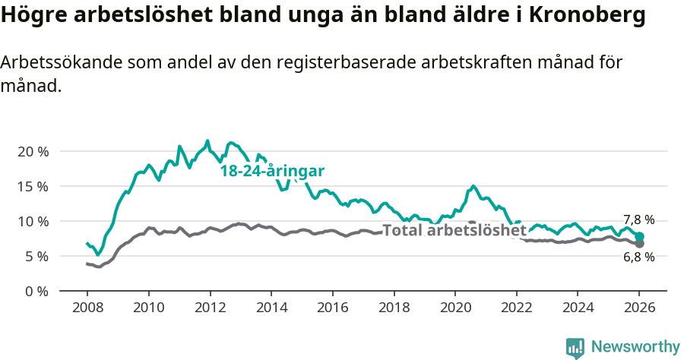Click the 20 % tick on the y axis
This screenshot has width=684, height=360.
click(33, 151)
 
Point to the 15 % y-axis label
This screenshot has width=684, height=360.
click(33, 186)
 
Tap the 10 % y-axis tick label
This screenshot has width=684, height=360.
click(33, 221)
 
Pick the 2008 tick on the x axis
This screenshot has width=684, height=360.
click(87, 308)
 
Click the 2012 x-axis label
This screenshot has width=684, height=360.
click(210, 308)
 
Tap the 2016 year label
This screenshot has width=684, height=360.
click(332, 308)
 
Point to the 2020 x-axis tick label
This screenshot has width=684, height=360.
click(455, 308)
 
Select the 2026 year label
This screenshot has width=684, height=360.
click(639, 308)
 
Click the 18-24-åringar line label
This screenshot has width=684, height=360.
click(272, 171)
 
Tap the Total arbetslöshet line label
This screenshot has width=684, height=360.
click(454, 230)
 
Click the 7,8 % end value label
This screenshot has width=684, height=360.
click(639, 220)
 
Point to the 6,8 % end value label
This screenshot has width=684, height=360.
click(639, 257)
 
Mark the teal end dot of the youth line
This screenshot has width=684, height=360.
click(640, 237)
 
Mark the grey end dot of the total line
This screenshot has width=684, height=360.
click(640, 244)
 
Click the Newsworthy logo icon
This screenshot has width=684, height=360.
click(575, 348)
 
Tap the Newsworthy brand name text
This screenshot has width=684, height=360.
click(635, 347)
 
